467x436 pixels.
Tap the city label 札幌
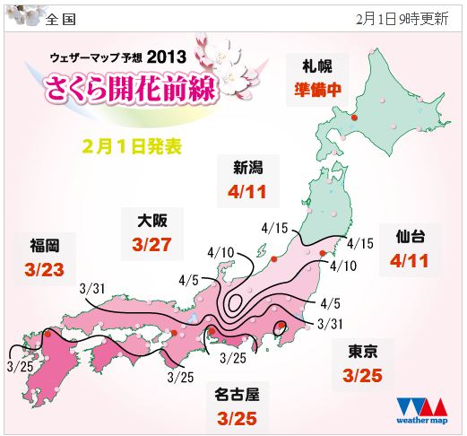(319, 65)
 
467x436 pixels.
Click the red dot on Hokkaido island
(355, 118)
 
